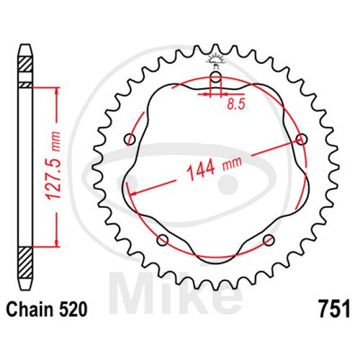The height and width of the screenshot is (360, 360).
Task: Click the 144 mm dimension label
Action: (214, 168)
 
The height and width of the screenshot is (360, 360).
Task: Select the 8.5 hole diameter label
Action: (235, 104)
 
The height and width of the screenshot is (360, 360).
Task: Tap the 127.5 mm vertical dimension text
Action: (53, 166)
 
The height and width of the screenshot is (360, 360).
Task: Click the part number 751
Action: (334, 309)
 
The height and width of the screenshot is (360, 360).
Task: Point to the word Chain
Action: (30, 309)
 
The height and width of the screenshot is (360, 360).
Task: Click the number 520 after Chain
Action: (72, 309)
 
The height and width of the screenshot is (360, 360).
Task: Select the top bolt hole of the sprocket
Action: (215, 77)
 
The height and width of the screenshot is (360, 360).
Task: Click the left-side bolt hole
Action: (130, 139)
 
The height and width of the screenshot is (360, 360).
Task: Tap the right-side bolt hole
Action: (302, 139)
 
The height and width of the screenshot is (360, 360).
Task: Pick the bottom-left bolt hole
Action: (163, 240)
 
